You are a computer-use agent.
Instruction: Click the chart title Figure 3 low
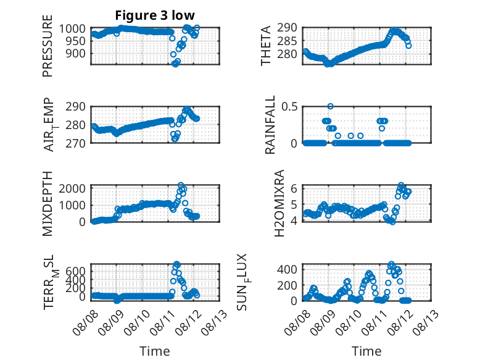[155, 15]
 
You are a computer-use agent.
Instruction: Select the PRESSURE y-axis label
[48, 46]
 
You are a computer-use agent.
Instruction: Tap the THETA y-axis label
[266, 46]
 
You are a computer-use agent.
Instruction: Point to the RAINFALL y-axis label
[270, 125]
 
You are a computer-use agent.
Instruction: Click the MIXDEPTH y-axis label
[48, 203]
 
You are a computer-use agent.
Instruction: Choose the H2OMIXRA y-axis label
[279, 203]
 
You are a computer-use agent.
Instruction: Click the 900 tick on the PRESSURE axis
[76, 54]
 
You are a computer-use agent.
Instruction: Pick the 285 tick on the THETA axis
[287, 41]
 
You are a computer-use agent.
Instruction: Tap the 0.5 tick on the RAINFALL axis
[289, 107]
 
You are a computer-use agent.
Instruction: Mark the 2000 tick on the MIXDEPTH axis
[72, 188]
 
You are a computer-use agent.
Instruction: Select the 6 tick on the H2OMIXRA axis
[294, 188]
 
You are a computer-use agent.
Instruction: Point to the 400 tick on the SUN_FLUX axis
[287, 270]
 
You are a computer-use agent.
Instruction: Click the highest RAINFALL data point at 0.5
[330, 106]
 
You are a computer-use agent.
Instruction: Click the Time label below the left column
[155, 351]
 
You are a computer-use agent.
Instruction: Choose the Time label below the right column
[366, 351]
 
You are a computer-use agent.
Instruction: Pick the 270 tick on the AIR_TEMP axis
[76, 143]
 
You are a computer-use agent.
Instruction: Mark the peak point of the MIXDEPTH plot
[181, 185]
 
